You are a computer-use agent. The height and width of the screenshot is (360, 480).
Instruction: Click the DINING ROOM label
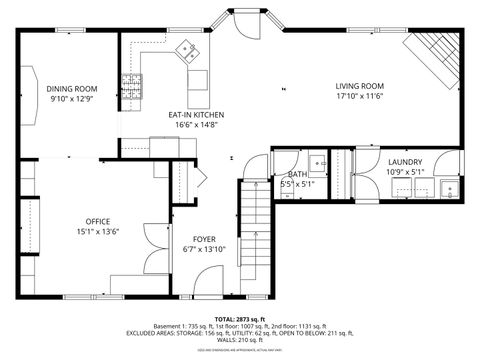(71, 88)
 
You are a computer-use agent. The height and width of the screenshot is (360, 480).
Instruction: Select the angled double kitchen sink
(186, 52)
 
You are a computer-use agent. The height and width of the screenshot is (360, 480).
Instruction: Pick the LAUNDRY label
(405, 162)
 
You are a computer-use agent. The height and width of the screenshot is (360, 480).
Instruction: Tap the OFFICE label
(97, 220)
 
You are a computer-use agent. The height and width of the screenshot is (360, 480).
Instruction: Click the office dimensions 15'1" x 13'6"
(97, 231)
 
